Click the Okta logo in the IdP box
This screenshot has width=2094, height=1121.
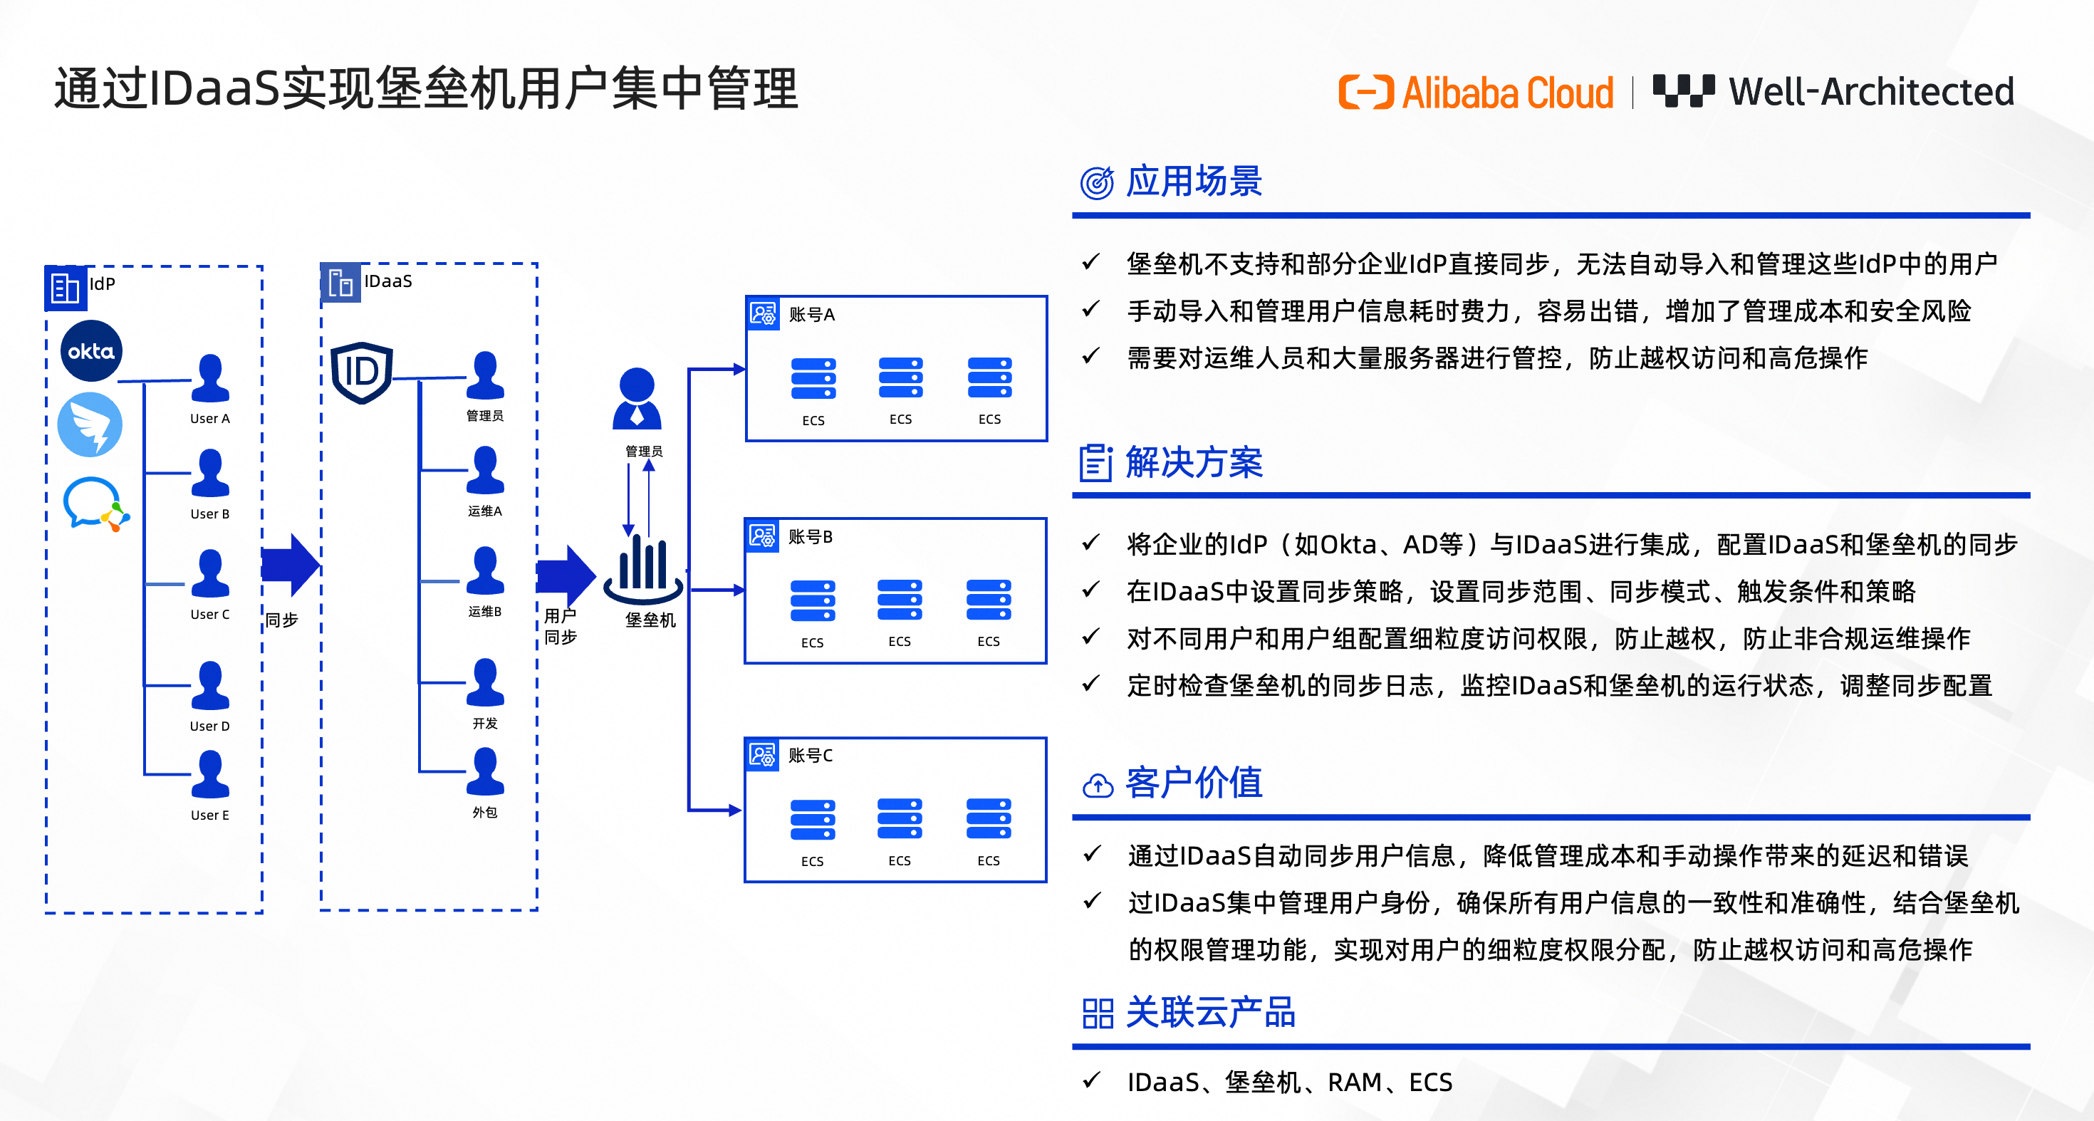tap(91, 351)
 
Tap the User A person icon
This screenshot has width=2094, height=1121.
tap(209, 378)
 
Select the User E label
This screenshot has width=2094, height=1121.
tap(209, 815)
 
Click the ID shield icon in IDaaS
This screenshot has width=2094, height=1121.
tap(362, 372)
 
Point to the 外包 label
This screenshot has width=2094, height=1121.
tap(484, 812)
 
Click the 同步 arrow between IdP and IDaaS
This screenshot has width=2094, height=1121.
tap(290, 564)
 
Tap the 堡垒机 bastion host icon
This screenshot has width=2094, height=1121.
tap(643, 568)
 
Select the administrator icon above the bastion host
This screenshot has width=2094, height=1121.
tap(637, 398)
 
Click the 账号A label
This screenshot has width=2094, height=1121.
tap(811, 315)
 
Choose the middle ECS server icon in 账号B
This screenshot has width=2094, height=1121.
tap(899, 600)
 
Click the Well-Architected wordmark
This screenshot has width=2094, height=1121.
tap(1870, 92)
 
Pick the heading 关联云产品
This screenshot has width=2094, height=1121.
tap(1209, 1013)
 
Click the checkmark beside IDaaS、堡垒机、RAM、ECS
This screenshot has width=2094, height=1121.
tap(1091, 1080)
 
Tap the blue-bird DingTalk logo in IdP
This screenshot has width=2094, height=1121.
tap(90, 424)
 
